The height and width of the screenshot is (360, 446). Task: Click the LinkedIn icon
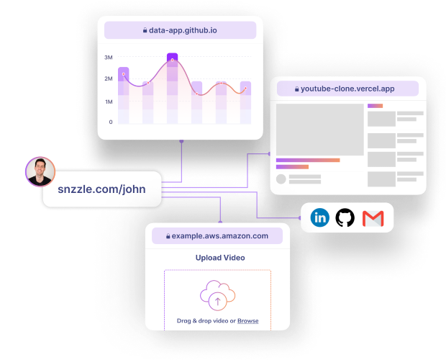pyautogui.click(x=319, y=217)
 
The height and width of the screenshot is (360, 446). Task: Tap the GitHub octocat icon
pyautogui.click(x=345, y=217)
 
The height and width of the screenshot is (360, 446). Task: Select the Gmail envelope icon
pyautogui.click(x=373, y=219)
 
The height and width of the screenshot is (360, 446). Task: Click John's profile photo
pyautogui.click(x=40, y=171)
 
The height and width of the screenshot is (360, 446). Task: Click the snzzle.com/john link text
pyautogui.click(x=101, y=189)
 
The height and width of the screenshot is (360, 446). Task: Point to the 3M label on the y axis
pyautogui.click(x=109, y=58)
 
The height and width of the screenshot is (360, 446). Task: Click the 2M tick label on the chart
pyautogui.click(x=109, y=78)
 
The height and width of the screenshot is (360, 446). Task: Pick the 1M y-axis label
pyautogui.click(x=109, y=102)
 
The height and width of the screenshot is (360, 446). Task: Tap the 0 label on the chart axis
pyautogui.click(x=111, y=122)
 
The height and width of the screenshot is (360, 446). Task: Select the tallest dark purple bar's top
pyautogui.click(x=172, y=56)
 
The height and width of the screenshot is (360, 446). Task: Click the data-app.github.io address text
pyautogui.click(x=183, y=30)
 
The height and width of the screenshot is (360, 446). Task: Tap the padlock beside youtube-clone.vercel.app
pyautogui.click(x=296, y=89)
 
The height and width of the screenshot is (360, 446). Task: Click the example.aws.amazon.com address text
pyautogui.click(x=220, y=236)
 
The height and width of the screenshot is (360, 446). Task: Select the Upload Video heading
pyautogui.click(x=220, y=258)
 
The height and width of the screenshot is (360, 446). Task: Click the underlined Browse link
pyautogui.click(x=247, y=320)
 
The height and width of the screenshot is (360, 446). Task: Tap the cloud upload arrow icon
pyautogui.click(x=217, y=295)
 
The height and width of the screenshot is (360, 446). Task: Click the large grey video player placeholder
pyautogui.click(x=319, y=130)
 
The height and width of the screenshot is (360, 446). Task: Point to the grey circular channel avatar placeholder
pyautogui.click(x=281, y=179)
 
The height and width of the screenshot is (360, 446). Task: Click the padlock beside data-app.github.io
pyautogui.click(x=145, y=30)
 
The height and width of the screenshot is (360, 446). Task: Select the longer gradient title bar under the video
pyautogui.click(x=308, y=161)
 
